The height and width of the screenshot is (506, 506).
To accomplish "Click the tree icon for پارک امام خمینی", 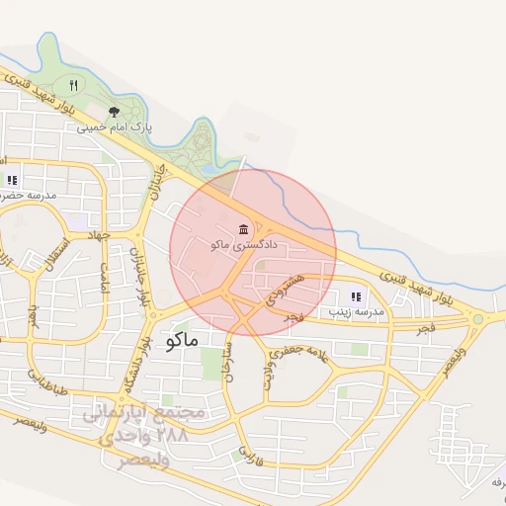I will [114, 112].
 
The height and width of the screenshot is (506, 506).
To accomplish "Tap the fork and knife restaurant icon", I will [73, 86].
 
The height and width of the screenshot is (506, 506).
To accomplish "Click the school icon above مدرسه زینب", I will [356, 295].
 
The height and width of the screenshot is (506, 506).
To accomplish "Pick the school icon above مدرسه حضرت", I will [12, 180].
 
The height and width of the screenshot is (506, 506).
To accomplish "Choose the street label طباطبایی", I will [47, 382].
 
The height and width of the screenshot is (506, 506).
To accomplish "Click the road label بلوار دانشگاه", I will [133, 367].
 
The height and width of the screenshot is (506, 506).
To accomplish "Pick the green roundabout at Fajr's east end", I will [479, 318].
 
